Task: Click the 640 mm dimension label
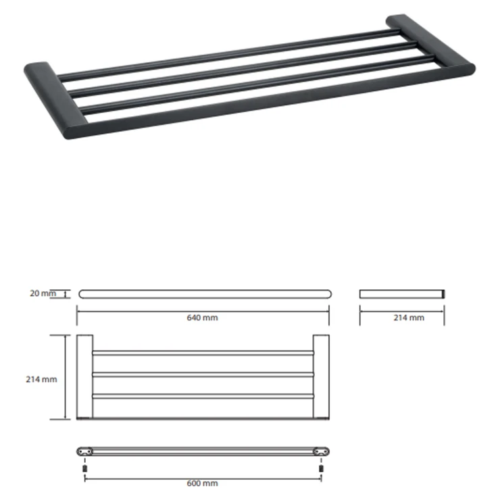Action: coord(202,318)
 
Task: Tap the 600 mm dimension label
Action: coord(202,483)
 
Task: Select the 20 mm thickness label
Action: coord(43,293)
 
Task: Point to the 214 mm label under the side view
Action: coord(409,318)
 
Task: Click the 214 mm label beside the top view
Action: coord(41,379)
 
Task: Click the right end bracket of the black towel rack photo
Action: coord(430,41)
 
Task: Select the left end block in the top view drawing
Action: coord(84,376)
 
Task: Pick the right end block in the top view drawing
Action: coord(321,376)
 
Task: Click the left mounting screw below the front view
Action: coord(85,468)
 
